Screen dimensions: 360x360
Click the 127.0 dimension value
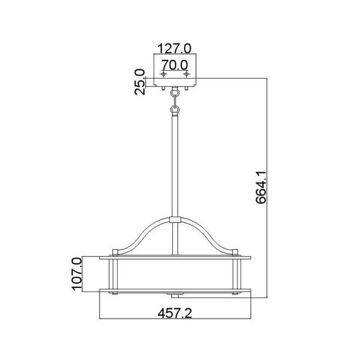tap(174, 49)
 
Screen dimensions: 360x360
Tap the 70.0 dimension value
tap(175, 65)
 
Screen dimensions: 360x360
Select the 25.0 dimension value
tap(140, 82)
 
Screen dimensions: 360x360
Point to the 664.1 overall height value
tap(260, 187)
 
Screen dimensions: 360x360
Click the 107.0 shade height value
tap(77, 274)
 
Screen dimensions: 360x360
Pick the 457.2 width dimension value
tap(175, 313)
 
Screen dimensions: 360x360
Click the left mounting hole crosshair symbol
tap(163, 74)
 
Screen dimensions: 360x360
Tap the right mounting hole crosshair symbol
tap(187, 74)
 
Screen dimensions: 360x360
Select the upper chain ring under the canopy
tap(175, 93)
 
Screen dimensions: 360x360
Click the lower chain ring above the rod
tap(175, 109)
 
